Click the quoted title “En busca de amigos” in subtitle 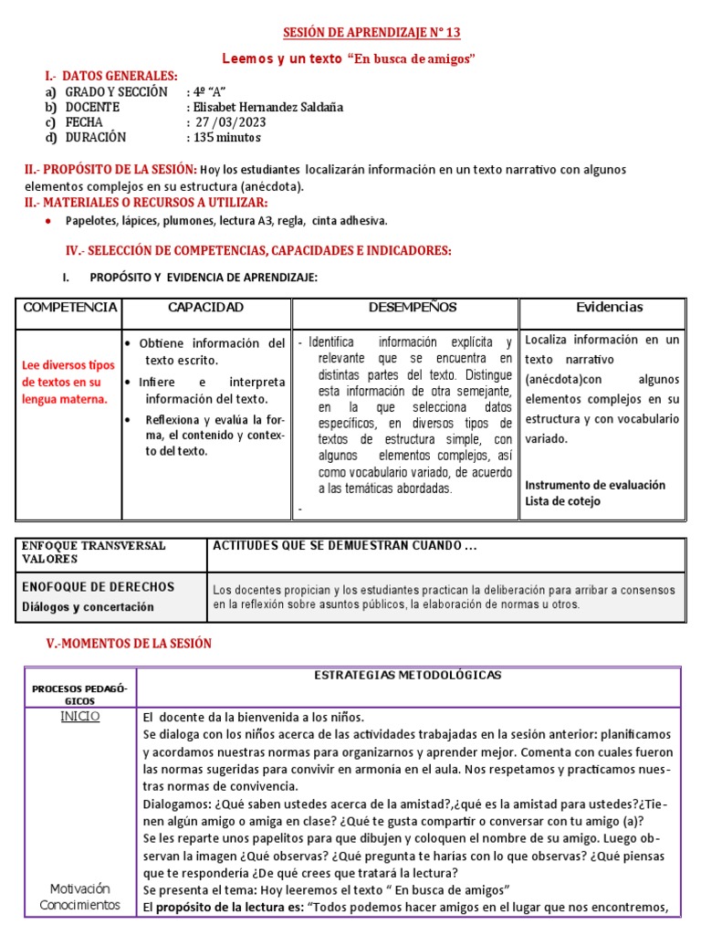[411, 59]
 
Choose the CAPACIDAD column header [205, 308]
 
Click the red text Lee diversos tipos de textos [69, 382]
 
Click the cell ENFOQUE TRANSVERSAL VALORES [94, 552]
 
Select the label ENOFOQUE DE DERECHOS [98, 587]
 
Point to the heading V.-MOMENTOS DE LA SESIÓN [129, 644]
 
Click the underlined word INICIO [80, 717]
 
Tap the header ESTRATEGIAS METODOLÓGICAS [407, 676]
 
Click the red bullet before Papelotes [47, 221]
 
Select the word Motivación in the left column [79, 888]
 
